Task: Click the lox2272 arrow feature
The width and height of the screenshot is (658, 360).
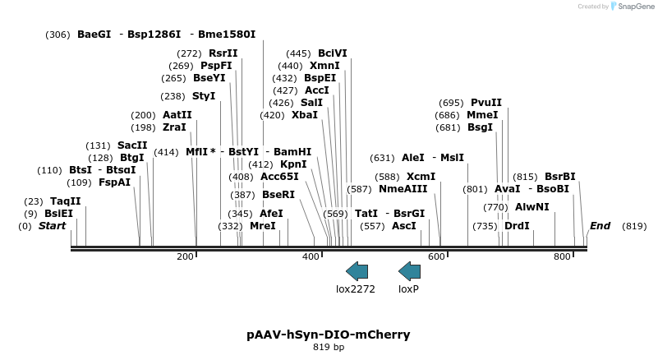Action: click(x=357, y=270)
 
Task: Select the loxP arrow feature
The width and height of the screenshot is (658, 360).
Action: click(x=409, y=270)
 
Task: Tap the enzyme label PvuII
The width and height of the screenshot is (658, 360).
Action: click(x=485, y=103)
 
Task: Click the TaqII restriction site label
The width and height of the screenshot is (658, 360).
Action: click(x=65, y=201)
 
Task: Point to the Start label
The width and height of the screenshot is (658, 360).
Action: click(x=52, y=226)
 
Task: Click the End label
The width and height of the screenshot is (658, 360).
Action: click(x=600, y=226)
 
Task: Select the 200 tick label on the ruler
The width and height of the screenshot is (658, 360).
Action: click(x=185, y=257)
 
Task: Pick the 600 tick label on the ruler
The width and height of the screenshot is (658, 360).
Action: click(x=436, y=257)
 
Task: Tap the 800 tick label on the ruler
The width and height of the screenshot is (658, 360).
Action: click(x=562, y=257)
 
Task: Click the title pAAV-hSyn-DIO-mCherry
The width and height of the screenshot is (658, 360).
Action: click(x=329, y=335)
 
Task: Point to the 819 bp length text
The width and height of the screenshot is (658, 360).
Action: click(x=329, y=348)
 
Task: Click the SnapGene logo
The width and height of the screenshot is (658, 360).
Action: click(x=632, y=7)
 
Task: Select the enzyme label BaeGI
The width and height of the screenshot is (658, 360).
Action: click(x=94, y=35)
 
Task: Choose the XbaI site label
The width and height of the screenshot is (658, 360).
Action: click(x=304, y=115)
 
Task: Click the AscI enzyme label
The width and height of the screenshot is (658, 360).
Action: click(x=403, y=225)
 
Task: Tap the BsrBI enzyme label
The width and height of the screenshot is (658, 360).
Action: click(x=560, y=176)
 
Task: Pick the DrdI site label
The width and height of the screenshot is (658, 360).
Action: click(x=517, y=225)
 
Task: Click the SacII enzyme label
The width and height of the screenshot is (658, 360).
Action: click(x=132, y=145)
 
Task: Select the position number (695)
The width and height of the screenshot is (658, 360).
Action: click(x=451, y=103)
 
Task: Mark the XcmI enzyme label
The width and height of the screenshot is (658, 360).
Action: click(x=421, y=176)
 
